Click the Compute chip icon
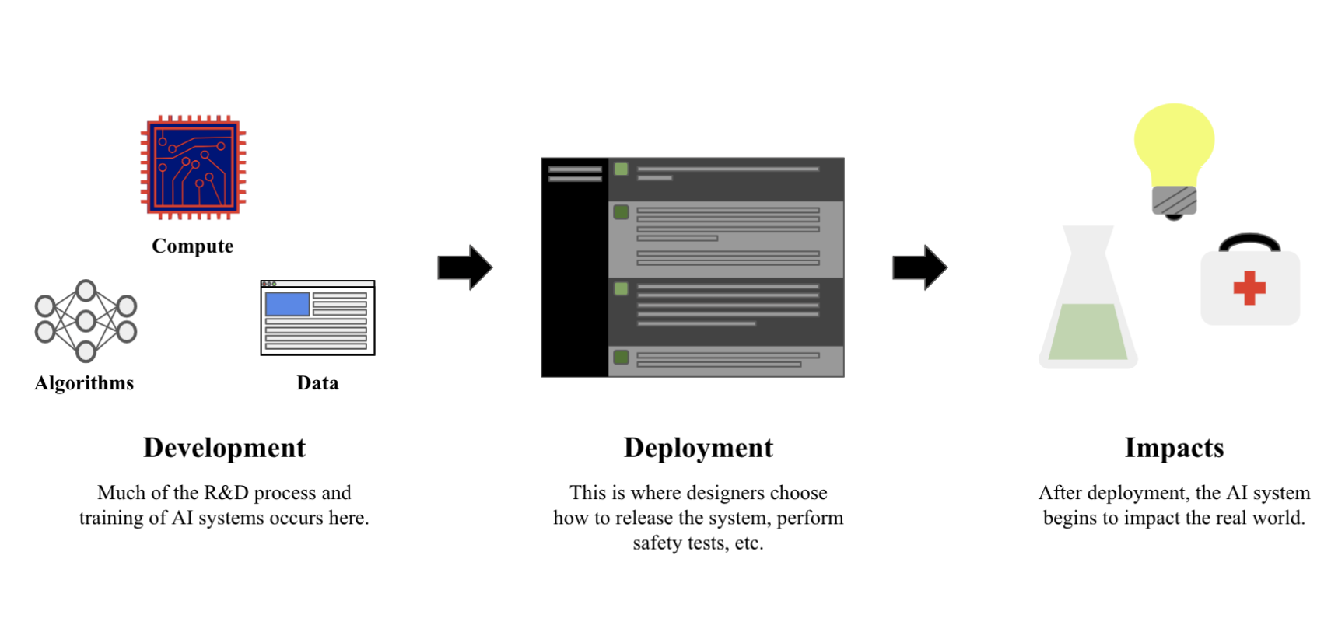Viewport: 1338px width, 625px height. click(193, 167)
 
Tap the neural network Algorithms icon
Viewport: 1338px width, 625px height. click(86, 320)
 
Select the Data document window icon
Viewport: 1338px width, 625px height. click(317, 317)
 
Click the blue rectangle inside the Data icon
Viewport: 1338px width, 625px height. click(287, 303)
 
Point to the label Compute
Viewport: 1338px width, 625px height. click(192, 246)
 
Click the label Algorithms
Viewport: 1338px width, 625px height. click(84, 383)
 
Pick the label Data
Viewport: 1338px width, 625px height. click(317, 383)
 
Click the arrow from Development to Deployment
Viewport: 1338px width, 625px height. click(464, 267)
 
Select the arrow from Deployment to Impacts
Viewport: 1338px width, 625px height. click(919, 267)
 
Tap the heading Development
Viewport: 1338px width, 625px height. click(224, 448)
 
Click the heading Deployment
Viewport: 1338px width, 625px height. click(699, 448)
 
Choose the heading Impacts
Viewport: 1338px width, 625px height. click(1174, 448)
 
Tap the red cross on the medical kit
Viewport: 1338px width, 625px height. click(1249, 288)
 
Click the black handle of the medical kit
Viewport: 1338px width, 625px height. click(1249, 240)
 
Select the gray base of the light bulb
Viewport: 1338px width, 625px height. click(1174, 201)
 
